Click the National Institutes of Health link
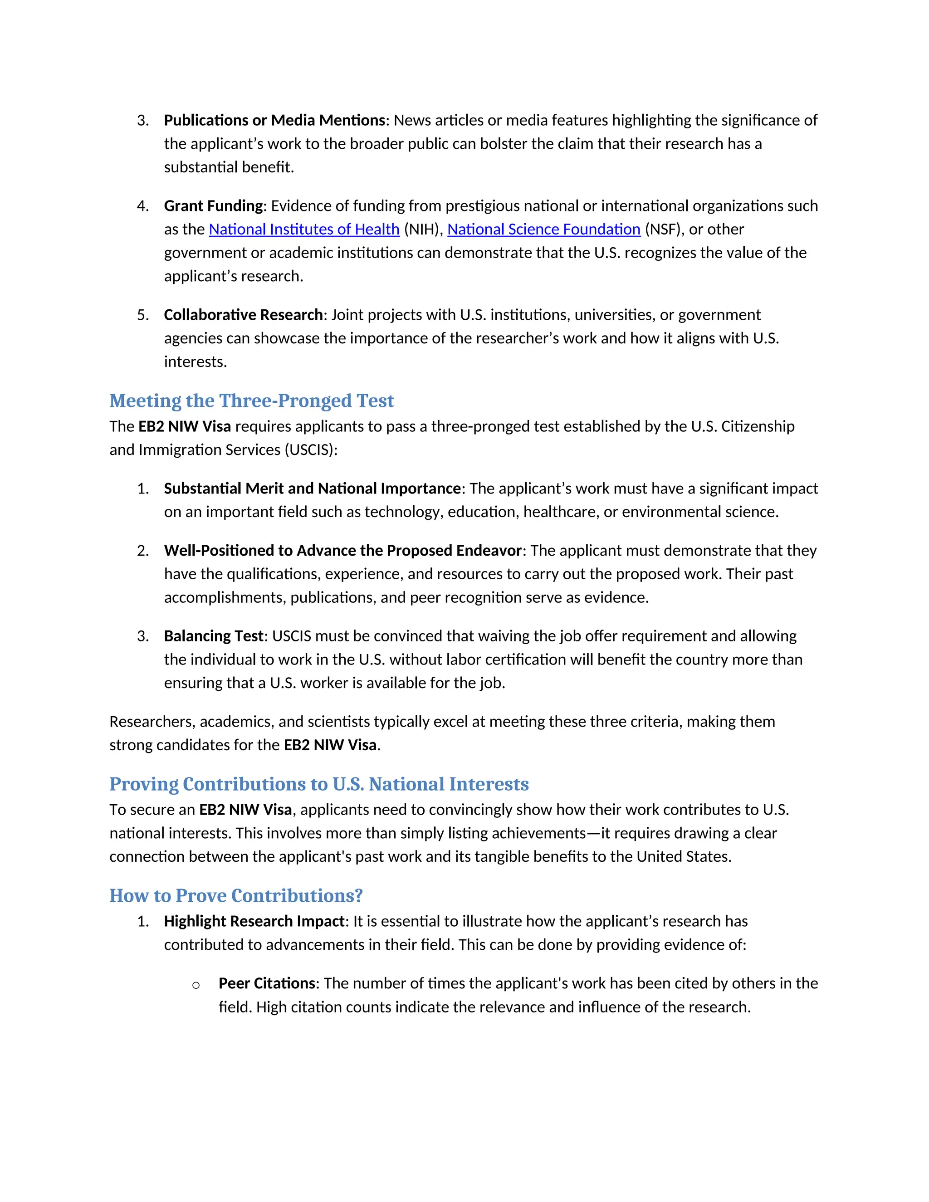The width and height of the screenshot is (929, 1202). click(304, 229)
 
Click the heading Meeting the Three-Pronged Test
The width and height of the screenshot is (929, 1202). click(251, 400)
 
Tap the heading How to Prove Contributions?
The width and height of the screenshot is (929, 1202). click(236, 895)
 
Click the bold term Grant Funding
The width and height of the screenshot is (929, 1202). click(214, 206)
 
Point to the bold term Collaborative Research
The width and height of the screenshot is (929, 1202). click(243, 315)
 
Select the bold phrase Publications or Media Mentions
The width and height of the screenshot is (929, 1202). click(274, 120)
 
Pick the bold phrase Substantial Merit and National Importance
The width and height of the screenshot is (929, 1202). click(312, 488)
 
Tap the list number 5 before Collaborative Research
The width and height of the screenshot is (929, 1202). click(142, 315)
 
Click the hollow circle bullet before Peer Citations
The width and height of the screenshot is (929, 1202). click(196, 985)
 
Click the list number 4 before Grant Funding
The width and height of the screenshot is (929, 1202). click(142, 206)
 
